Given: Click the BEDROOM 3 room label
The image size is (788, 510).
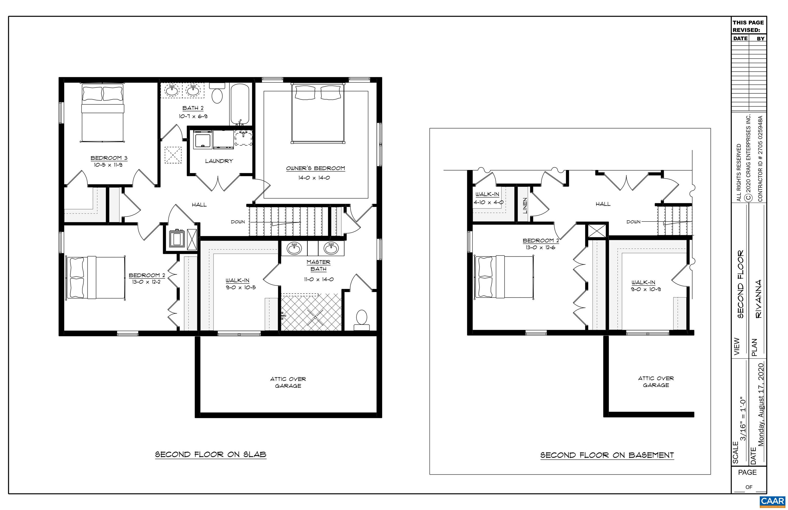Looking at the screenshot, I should (109, 158).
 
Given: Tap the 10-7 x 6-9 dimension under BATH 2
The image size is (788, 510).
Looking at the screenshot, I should (193, 116).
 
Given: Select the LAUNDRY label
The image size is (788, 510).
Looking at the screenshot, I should (219, 161).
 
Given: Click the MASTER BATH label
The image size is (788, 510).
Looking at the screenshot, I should (318, 265).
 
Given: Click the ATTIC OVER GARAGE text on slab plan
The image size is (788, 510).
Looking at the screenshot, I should (288, 382).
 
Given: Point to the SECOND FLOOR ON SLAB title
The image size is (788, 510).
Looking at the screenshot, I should (211, 454).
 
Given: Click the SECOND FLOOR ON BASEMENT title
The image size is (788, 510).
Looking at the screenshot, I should (607, 455).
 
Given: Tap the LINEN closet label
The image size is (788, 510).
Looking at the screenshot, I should (525, 205).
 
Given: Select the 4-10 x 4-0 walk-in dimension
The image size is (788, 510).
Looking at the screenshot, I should (488, 202).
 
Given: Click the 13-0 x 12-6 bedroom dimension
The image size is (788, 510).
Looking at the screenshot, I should (540, 247).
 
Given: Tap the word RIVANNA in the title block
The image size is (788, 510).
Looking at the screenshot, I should (759, 299).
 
